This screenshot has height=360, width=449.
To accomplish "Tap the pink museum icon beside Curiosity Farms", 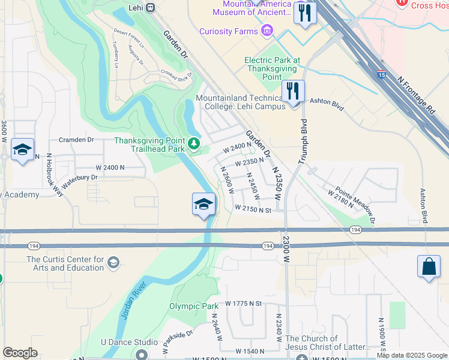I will pyautogui.click(x=267, y=31).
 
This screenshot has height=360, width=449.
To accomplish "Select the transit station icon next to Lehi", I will pyautogui.click(x=150, y=8).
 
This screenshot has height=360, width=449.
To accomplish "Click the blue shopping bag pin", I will pyautogui.click(x=430, y=267).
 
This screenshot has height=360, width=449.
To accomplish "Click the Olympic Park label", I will pyautogui.click(x=193, y=306).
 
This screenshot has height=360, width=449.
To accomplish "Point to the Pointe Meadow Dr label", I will pyautogui.click(x=355, y=203).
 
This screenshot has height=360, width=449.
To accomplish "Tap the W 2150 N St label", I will pyautogui.click(x=253, y=209).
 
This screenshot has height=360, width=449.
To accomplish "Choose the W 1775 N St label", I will pyautogui.click(x=244, y=304).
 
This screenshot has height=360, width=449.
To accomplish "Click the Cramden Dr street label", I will pyautogui.click(x=76, y=140).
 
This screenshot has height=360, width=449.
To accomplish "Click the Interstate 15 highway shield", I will pyautogui.click(x=382, y=74).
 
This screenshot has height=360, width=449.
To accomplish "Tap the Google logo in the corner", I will pyautogui.click(x=20, y=353).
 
